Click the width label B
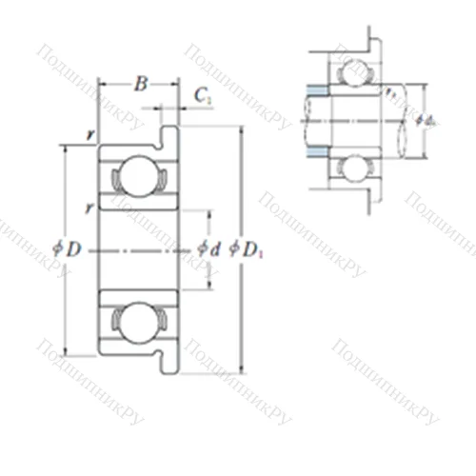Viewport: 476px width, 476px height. click(140, 86)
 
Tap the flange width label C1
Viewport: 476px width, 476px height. click(202, 94)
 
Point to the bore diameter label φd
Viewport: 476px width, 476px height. click(208, 249)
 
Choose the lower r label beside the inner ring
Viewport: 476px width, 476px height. click(88, 207)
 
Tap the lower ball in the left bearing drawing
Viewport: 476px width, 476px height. click(135, 324)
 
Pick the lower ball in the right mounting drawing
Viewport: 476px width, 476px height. click(356, 169)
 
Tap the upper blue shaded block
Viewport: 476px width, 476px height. click(317, 91)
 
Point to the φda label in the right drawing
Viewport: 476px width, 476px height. click(425, 120)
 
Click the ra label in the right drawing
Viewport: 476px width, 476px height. click(391, 92)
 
